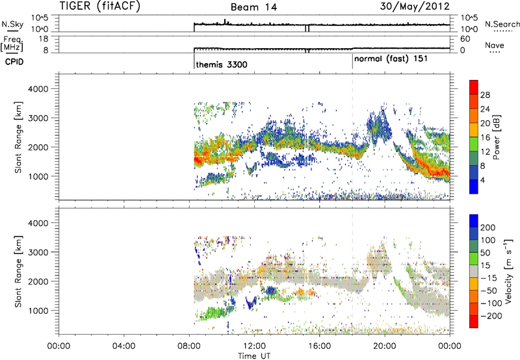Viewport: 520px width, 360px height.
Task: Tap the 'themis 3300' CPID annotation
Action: tap(222, 64)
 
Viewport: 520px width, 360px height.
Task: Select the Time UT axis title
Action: tap(254, 354)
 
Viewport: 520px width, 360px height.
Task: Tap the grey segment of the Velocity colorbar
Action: tap(474, 274)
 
